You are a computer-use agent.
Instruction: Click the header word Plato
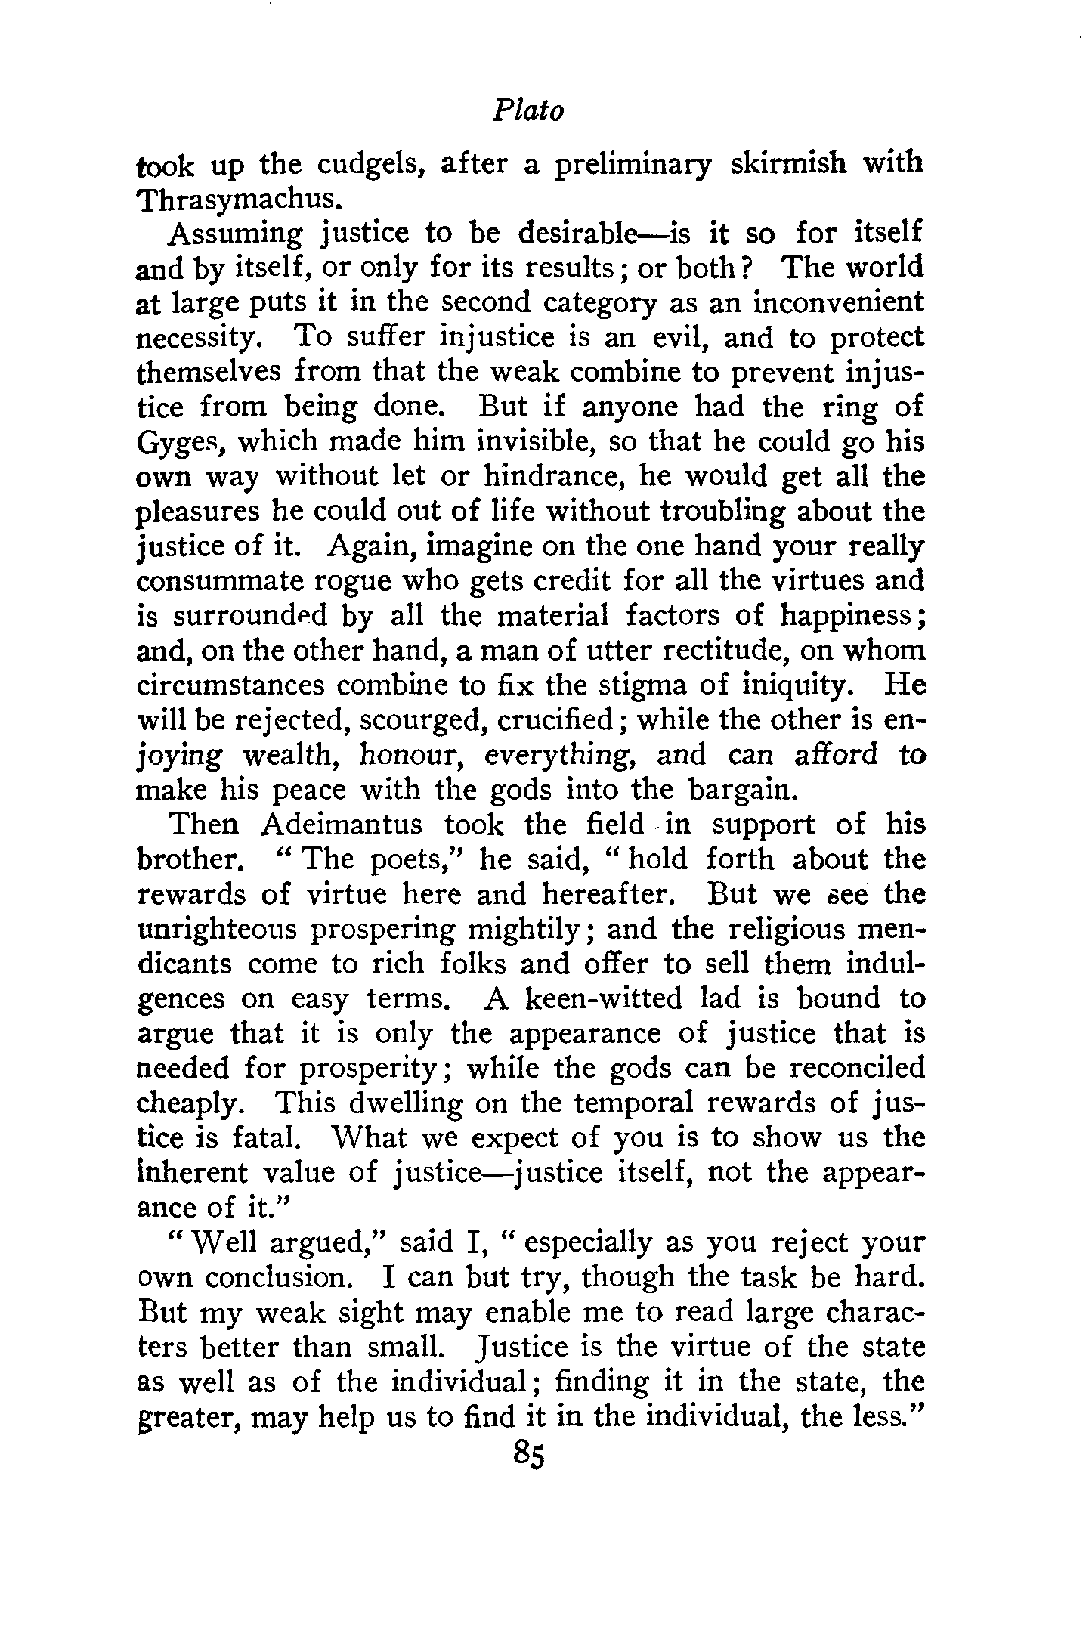(x=528, y=112)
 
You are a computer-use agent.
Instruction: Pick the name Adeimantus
(x=344, y=825)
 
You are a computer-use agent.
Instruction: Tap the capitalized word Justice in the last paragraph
(x=514, y=1348)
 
